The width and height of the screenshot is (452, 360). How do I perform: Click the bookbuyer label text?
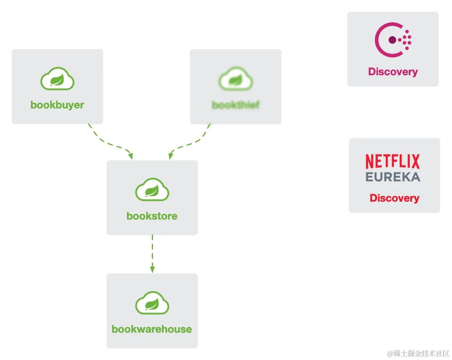click(x=57, y=105)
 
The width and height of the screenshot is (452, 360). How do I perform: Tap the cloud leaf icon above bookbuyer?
click(x=57, y=79)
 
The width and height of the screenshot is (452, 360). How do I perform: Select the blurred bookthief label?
click(x=236, y=105)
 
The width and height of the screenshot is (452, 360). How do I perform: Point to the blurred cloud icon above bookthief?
click(x=236, y=79)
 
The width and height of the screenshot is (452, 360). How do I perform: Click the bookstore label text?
click(x=152, y=216)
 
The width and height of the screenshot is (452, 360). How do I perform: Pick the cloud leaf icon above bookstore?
click(x=152, y=190)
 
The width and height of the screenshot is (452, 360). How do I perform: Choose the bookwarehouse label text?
click(x=152, y=329)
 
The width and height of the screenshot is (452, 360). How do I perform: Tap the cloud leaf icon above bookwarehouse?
click(x=152, y=303)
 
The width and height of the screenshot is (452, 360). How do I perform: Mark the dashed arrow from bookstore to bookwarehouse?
click(x=152, y=252)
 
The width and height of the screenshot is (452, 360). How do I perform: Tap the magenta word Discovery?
click(x=393, y=72)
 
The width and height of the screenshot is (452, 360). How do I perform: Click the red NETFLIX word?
click(x=393, y=161)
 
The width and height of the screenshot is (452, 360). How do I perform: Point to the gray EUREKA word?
click(x=393, y=177)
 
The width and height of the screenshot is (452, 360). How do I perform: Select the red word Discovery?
click(x=394, y=198)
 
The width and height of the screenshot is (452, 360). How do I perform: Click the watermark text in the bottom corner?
click(x=418, y=353)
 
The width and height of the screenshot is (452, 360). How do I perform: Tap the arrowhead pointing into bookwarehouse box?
click(x=152, y=269)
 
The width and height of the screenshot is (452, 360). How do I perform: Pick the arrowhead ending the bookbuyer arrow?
click(x=131, y=156)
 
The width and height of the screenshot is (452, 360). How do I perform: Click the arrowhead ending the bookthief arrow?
click(x=171, y=156)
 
